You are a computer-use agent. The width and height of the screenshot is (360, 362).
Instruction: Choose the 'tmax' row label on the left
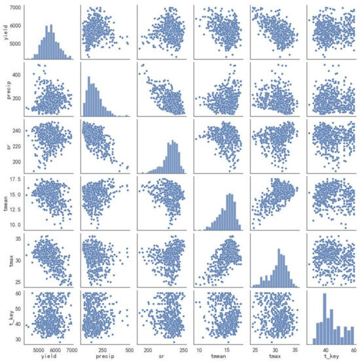click(7, 263)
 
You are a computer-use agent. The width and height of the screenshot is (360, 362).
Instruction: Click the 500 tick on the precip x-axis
click(130, 349)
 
